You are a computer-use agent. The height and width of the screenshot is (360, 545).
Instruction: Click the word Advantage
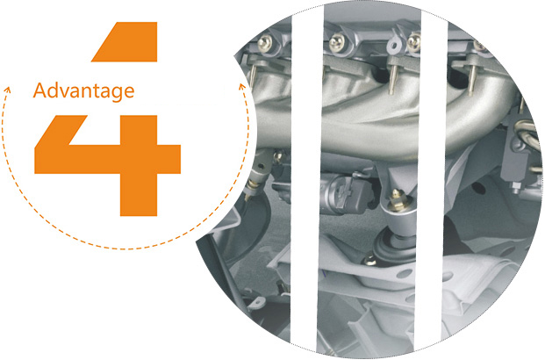(83, 91)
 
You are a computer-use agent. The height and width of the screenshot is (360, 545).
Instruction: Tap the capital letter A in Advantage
(40, 90)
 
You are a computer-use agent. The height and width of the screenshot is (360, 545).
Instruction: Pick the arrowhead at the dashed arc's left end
(7, 90)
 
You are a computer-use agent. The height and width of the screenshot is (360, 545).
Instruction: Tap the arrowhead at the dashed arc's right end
(242, 87)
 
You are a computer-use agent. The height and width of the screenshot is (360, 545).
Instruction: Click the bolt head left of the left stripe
(265, 44)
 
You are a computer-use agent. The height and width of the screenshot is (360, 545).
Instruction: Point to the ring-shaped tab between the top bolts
(393, 45)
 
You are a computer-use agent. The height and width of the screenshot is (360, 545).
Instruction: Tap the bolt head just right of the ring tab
(414, 42)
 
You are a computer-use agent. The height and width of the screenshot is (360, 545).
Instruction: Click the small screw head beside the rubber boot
(369, 260)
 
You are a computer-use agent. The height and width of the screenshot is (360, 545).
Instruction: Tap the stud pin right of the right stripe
(471, 81)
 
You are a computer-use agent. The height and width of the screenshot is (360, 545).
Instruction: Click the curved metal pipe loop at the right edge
(527, 132)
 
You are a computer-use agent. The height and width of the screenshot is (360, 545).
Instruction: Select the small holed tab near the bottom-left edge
(256, 303)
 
